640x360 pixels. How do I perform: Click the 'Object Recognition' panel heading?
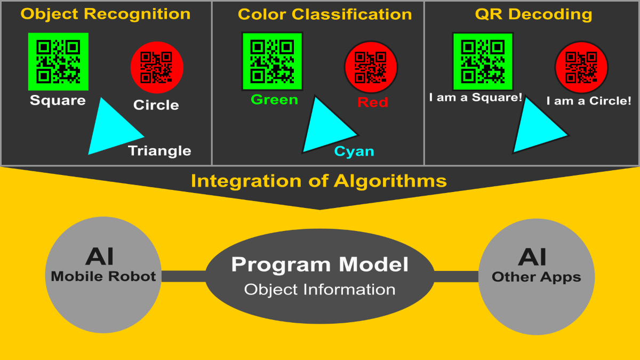(x=106, y=14)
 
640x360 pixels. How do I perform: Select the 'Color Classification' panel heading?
(x=325, y=14)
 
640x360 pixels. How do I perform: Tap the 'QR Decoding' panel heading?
(x=533, y=14)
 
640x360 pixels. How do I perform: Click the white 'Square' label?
(x=58, y=100)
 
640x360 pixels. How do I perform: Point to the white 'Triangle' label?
(x=159, y=151)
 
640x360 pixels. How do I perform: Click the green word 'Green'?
(x=274, y=100)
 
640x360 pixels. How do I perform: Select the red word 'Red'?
(x=373, y=102)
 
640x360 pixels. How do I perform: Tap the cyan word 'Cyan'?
(x=354, y=151)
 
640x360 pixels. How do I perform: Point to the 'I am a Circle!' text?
(x=589, y=100)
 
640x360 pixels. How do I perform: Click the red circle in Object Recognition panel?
(x=157, y=67)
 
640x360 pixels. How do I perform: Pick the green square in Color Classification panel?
(x=272, y=61)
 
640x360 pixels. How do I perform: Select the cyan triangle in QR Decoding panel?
(x=536, y=128)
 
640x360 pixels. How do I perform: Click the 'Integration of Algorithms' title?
(x=319, y=181)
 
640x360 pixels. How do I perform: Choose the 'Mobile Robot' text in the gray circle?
(x=103, y=276)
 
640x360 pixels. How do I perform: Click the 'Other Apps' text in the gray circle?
(x=536, y=277)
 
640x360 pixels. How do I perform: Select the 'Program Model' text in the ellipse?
(x=320, y=265)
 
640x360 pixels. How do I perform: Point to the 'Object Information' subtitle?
(x=320, y=290)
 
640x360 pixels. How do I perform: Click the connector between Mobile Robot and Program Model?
(x=183, y=276)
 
